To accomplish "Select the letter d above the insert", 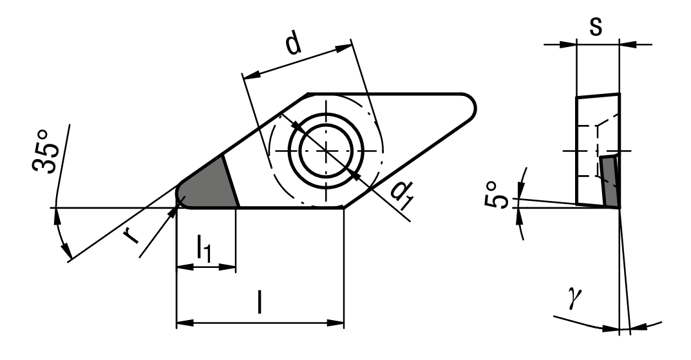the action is point(293,43).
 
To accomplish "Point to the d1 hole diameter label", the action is point(402,195).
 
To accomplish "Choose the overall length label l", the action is point(260,302).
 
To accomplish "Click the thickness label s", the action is point(596,27).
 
